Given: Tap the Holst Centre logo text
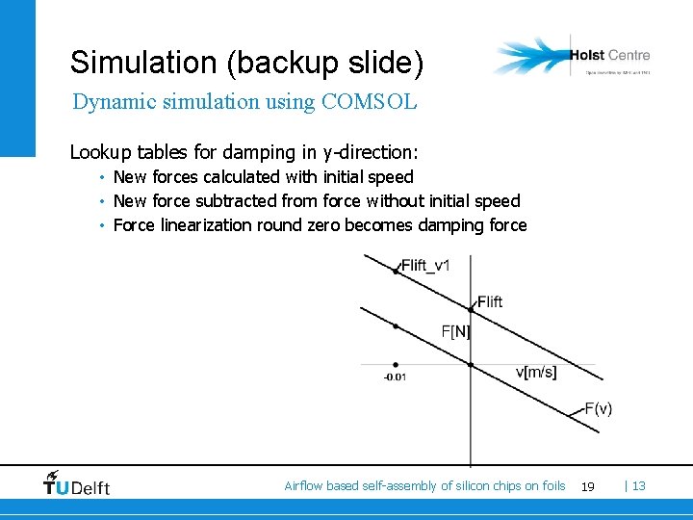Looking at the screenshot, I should [x=609, y=56].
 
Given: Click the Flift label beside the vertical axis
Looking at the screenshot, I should [x=490, y=301].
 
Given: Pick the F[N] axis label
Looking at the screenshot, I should [x=455, y=331].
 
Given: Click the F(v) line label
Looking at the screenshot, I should [x=598, y=408].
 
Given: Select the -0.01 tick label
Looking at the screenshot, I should [x=395, y=377].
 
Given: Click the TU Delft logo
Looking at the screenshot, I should [x=77, y=483].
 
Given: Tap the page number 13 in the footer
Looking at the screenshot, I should [x=638, y=486].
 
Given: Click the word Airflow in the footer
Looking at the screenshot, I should [x=303, y=486].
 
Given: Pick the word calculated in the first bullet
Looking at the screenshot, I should [x=240, y=177].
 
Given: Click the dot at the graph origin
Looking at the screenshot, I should [x=471, y=364].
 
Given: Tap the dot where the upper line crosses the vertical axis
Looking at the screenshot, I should [x=471, y=309].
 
